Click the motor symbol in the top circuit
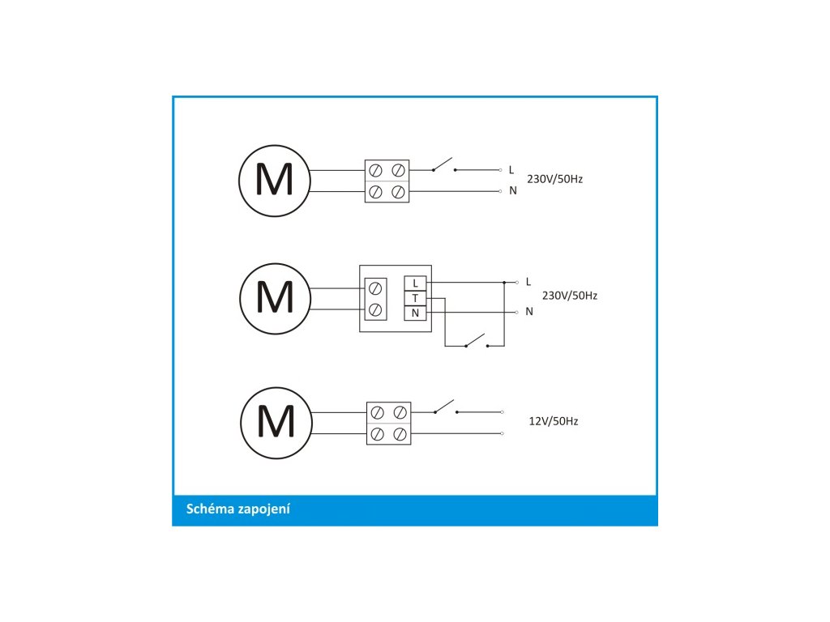274,181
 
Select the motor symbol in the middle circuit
275,298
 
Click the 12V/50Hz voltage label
553,421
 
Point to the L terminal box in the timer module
415,283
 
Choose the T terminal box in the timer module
415,298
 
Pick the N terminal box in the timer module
415,313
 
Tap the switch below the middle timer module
477,342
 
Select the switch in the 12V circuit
445,407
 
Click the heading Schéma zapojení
238,509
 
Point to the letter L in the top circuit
511,170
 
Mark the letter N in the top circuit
512,191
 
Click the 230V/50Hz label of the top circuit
555,179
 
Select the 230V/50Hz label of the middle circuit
569,296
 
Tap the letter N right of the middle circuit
529,311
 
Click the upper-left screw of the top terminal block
376,171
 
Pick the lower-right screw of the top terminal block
398,192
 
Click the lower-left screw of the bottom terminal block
378,434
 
